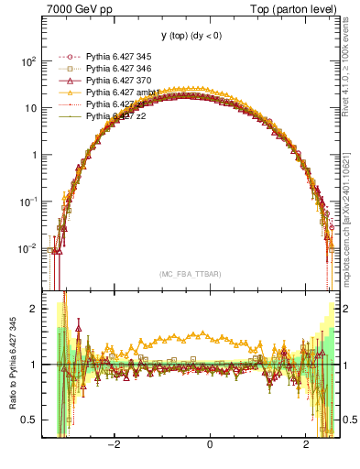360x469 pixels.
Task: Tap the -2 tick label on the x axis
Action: coord(114,444)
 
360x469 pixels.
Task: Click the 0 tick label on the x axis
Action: coord(210,444)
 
